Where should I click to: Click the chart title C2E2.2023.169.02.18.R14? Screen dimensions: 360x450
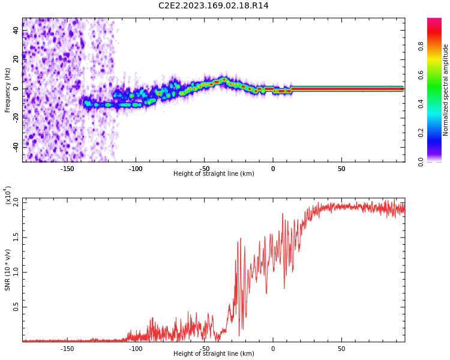(x=214, y=6)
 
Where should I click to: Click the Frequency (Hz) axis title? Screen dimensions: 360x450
(x=8, y=90)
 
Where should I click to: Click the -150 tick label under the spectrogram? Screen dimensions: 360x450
(x=67, y=169)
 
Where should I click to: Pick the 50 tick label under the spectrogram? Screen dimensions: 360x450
(x=341, y=169)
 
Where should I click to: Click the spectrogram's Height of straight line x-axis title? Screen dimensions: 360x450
(x=214, y=174)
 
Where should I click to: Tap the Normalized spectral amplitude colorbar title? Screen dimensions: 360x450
(x=446, y=90)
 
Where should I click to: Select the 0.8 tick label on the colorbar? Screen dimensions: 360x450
(x=438, y=45)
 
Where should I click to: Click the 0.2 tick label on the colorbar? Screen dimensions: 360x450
(x=438, y=133)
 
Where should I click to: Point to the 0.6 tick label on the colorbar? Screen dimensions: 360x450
(x=438, y=74)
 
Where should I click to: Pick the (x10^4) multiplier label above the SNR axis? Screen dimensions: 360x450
(x=8, y=196)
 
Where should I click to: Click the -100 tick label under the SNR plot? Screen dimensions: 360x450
(x=136, y=349)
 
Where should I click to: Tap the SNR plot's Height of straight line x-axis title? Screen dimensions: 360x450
(x=214, y=354)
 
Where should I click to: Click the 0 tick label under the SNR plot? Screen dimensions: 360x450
(x=273, y=349)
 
